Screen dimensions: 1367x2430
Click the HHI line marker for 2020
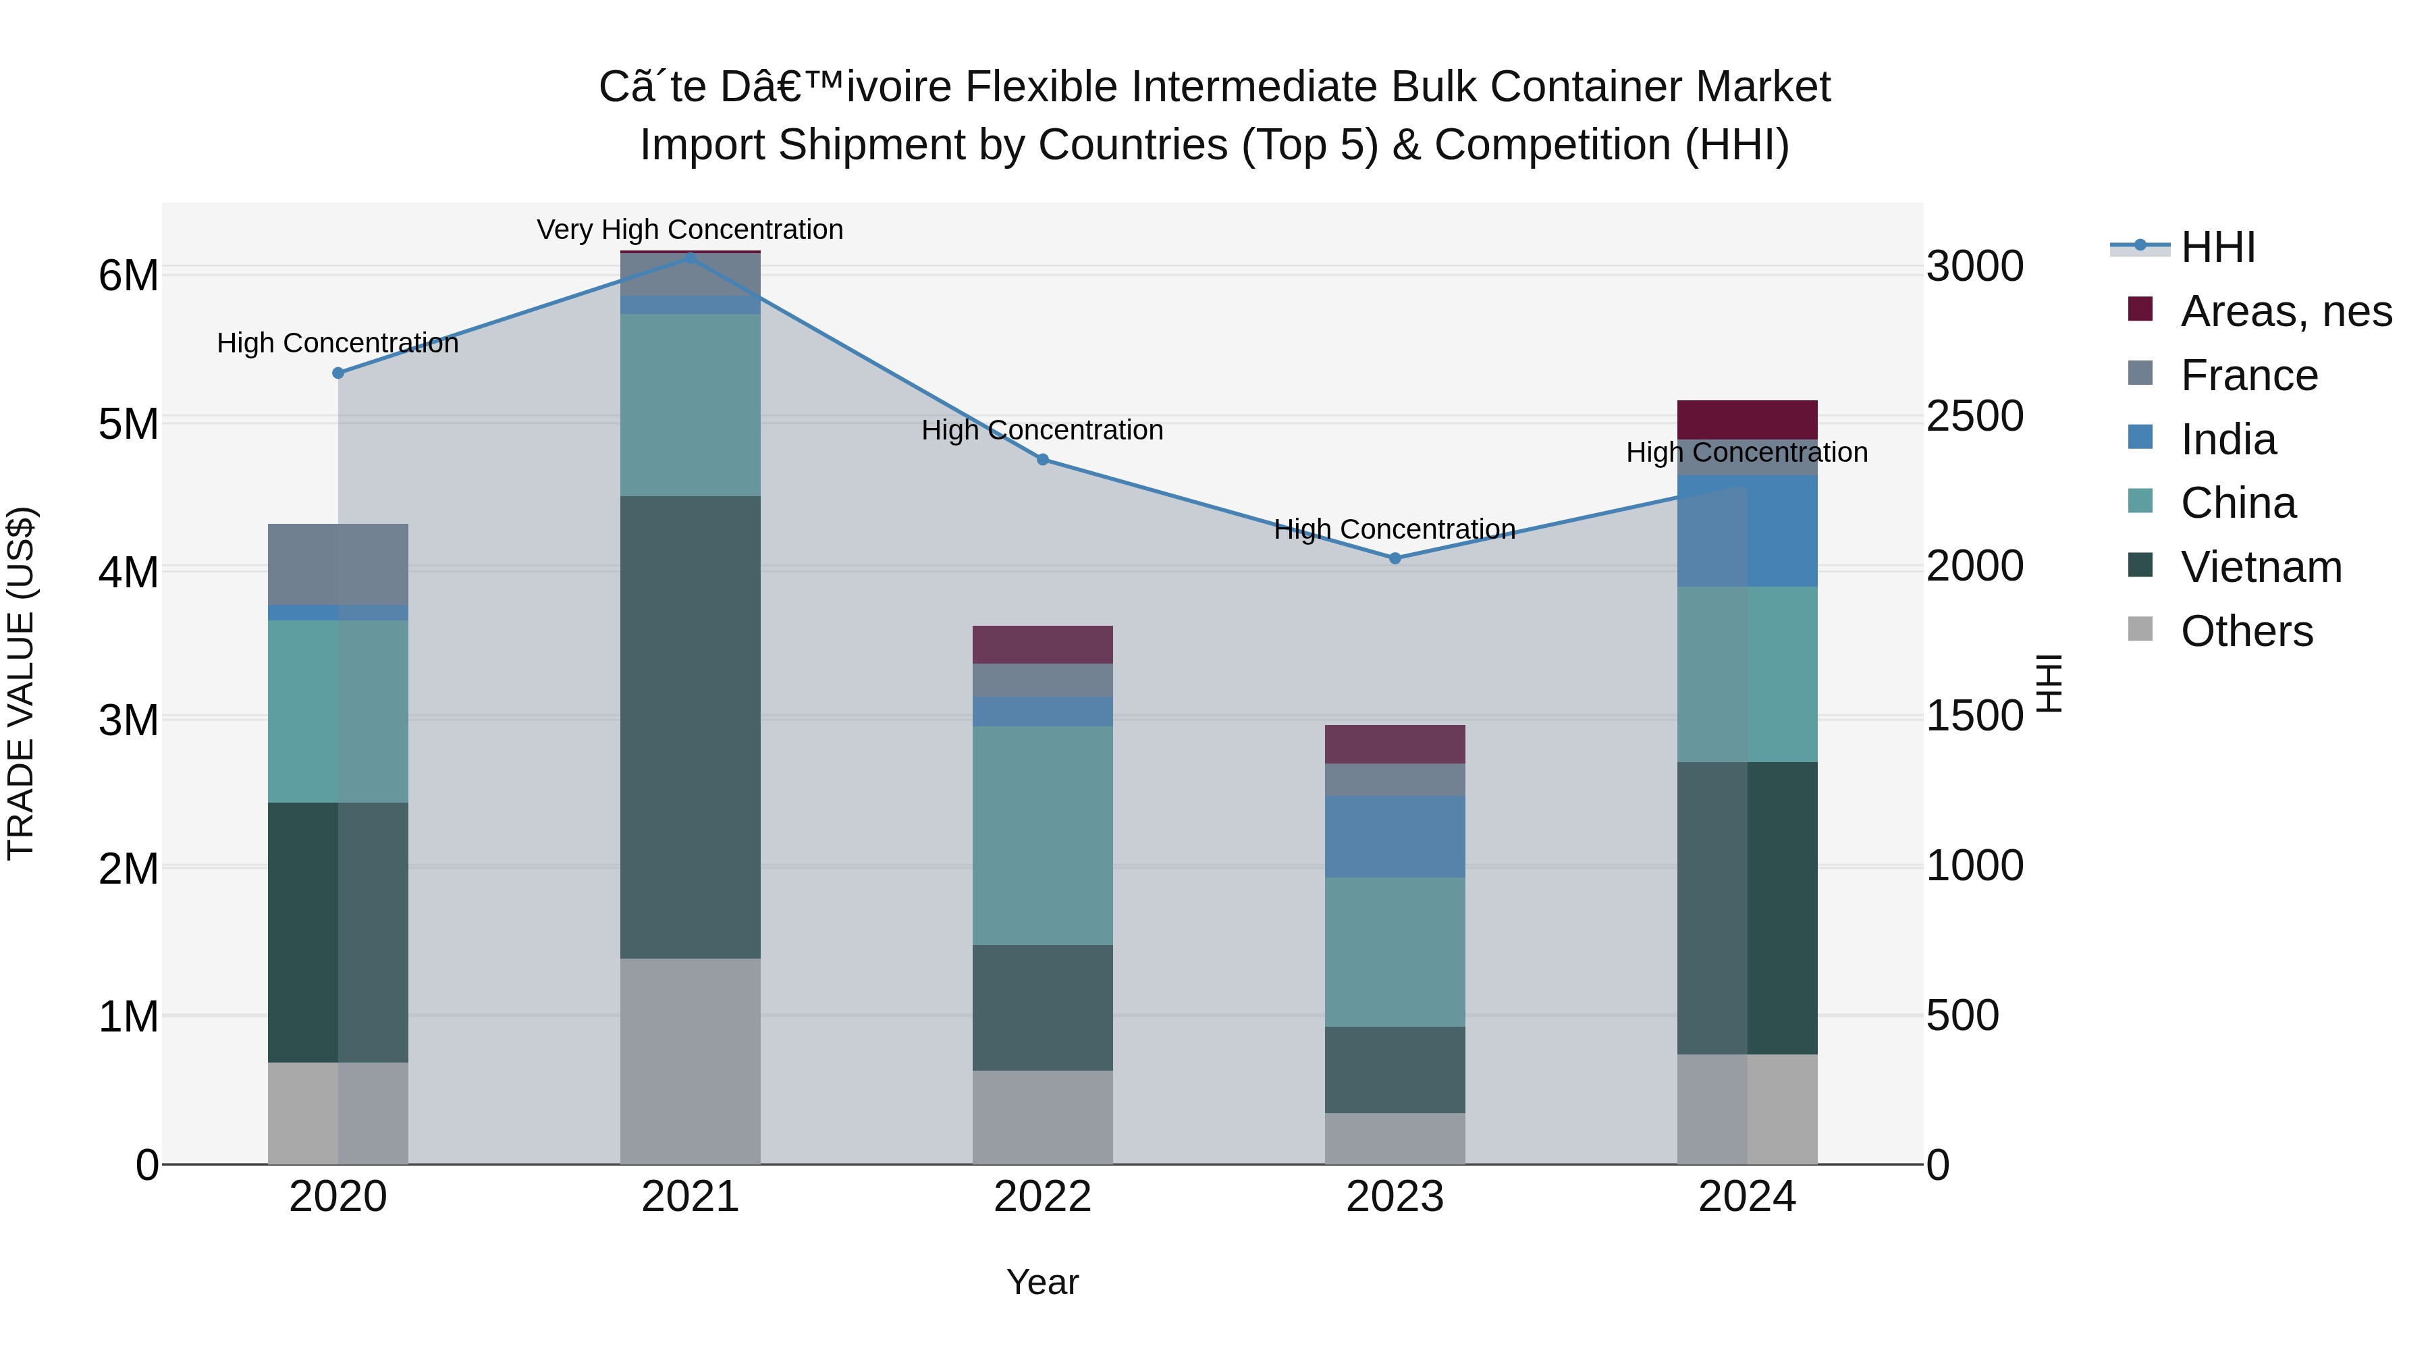click(337, 373)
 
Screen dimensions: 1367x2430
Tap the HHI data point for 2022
click(1042, 460)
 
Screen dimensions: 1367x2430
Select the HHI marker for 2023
click(1395, 558)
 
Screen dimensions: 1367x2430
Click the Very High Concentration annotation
click(690, 230)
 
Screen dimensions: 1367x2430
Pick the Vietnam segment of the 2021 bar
click(690, 726)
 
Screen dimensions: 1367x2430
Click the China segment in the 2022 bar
click(1042, 835)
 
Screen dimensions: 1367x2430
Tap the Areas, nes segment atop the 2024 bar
click(1747, 420)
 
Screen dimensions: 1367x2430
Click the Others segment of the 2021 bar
click(690, 1061)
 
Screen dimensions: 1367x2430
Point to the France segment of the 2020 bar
click(337, 564)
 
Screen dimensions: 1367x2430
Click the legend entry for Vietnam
click(2260, 567)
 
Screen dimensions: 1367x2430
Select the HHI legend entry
click(2217, 247)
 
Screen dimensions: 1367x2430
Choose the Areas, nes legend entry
click(2285, 311)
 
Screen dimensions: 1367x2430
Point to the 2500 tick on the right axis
click(1974, 416)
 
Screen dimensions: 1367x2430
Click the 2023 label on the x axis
click(1395, 1197)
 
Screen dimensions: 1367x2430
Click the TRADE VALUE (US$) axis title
click(22, 683)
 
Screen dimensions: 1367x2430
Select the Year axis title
click(1042, 1282)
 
